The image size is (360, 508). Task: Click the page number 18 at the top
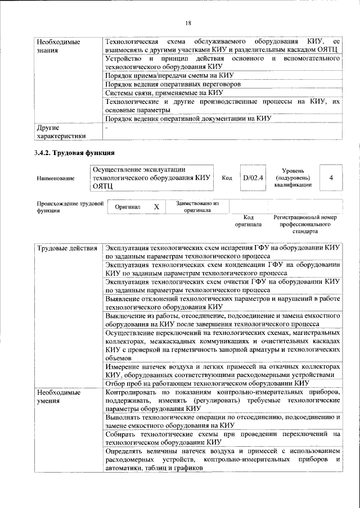188,22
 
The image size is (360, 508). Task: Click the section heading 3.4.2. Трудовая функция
74,153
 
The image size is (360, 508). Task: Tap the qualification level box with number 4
331,178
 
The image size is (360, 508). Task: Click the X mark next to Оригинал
156,207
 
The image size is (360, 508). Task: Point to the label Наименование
55,178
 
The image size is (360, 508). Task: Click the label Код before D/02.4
227,178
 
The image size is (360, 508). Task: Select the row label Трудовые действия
67,248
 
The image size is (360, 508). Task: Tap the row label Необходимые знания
58,47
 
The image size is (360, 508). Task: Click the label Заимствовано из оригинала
197,207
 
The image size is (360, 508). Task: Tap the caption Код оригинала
248,220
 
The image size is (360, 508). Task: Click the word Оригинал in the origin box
127,207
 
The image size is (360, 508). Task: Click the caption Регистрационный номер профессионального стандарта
305,224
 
